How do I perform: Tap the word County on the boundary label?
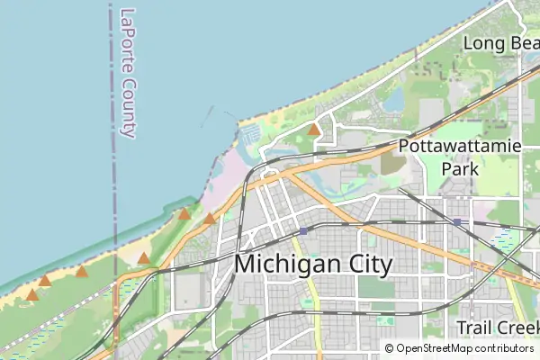(x=128, y=106)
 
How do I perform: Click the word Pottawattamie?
(x=460, y=146)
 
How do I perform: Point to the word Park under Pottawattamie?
(x=459, y=167)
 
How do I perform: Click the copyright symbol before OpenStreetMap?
(x=390, y=348)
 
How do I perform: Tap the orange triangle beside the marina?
(x=313, y=130)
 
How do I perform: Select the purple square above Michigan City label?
(x=303, y=230)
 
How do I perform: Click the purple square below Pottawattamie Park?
(x=457, y=221)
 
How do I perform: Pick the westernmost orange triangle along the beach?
(x=32, y=294)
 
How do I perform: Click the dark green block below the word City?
(x=371, y=287)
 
